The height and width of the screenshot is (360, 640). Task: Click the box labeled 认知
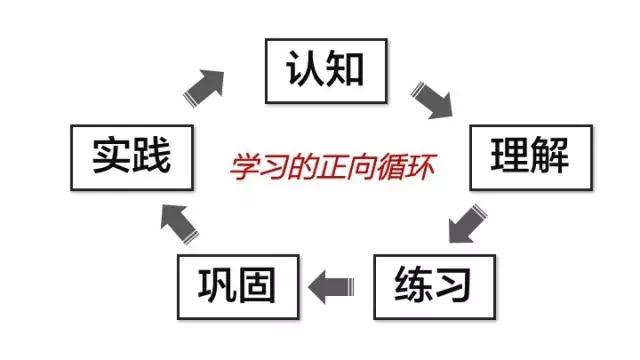click(326, 71)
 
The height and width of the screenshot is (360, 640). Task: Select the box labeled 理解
click(531, 158)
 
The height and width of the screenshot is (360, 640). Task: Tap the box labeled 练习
click(435, 287)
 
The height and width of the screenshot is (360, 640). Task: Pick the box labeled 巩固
click(238, 287)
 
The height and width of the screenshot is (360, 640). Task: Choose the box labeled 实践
click(132, 158)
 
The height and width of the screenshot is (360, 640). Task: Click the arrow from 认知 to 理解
click(433, 100)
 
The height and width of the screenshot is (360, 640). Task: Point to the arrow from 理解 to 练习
click(467, 224)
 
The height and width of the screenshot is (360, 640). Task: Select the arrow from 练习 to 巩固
click(331, 287)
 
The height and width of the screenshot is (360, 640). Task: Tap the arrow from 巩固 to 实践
click(179, 224)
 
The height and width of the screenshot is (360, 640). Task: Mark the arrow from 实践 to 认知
click(204, 88)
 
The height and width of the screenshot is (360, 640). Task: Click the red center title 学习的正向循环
click(332, 167)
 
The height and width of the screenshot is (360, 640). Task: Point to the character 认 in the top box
click(303, 69)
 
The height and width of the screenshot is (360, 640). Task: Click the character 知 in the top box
click(344, 69)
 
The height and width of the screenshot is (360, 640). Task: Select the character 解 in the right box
click(549, 156)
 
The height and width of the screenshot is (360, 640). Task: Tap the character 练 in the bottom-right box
click(413, 284)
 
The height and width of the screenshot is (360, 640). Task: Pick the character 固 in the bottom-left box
click(256, 285)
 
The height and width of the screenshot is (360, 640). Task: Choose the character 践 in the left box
click(150, 156)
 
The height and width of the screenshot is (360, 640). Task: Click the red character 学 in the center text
click(246, 167)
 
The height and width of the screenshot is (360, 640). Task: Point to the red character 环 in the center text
click(420, 167)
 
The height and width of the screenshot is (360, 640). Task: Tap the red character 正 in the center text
click(333, 167)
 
